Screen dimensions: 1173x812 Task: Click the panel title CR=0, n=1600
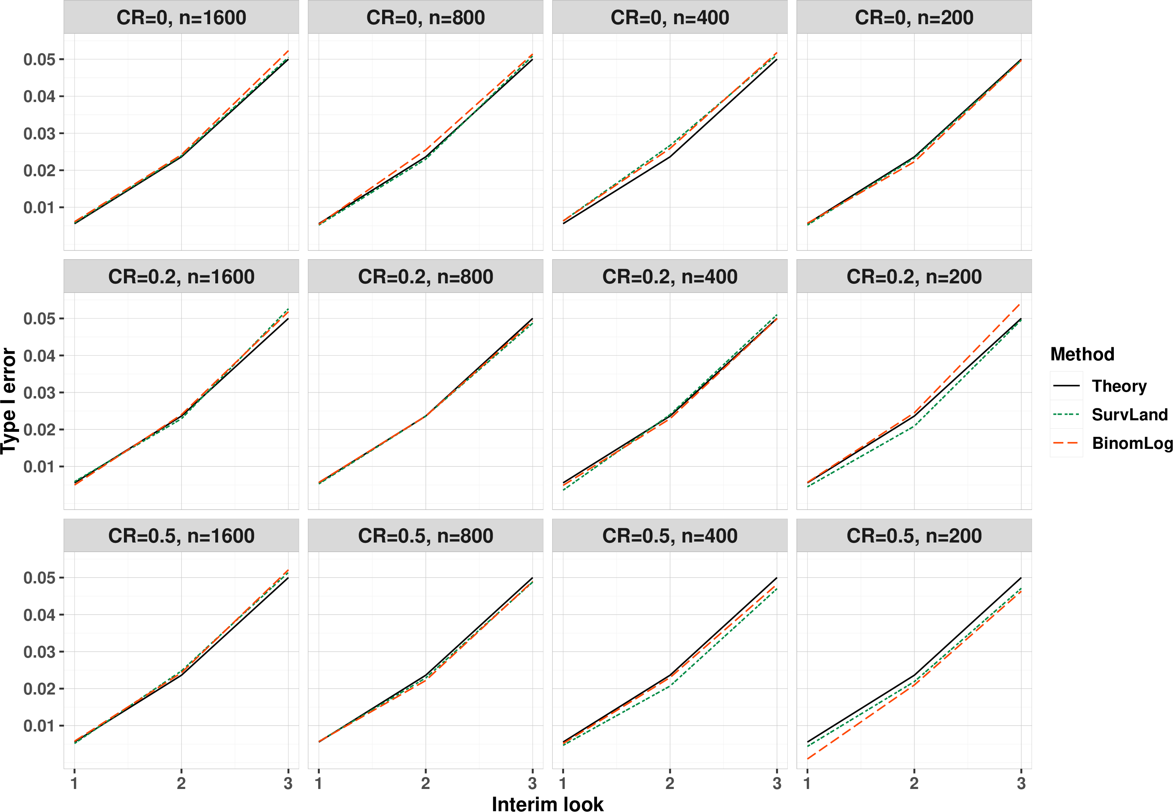181,18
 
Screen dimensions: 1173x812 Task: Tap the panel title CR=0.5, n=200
914,536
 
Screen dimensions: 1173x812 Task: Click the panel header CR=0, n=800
425,18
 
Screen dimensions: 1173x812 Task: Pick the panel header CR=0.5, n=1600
181,536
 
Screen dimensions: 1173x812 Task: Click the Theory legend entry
1100,386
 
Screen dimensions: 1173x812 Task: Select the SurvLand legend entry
1110,415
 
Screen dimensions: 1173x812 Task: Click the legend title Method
1082,354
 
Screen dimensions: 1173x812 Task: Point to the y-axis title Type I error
9,401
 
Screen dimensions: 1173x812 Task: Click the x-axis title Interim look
547,803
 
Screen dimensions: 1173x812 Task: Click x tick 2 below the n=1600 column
181,783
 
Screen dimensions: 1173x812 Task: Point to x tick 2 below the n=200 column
914,783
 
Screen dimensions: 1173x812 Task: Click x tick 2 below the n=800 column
425,783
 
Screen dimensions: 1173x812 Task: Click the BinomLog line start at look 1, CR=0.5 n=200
808,759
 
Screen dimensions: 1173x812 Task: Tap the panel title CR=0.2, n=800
425,277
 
